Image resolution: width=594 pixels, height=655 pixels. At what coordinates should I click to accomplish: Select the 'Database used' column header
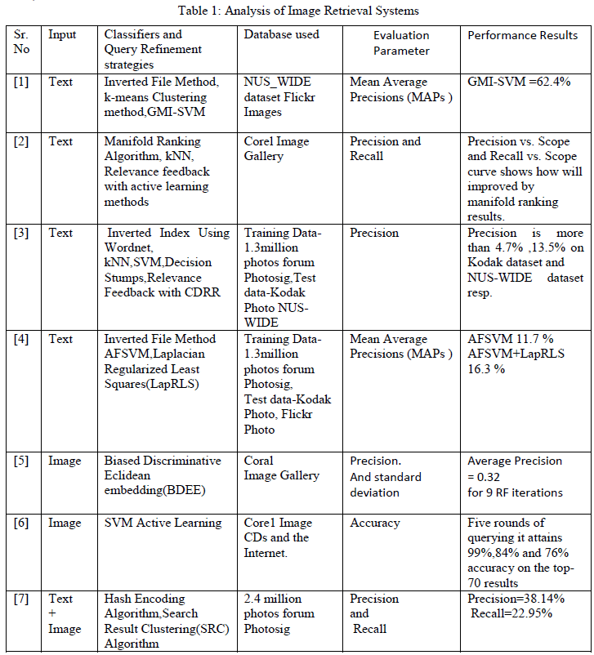pos(281,34)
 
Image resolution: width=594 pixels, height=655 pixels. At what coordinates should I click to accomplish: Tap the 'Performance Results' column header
pos(522,35)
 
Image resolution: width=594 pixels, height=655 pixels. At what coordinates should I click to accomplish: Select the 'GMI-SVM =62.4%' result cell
pos(519,82)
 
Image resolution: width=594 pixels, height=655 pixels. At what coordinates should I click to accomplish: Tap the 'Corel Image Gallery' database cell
pos(276,149)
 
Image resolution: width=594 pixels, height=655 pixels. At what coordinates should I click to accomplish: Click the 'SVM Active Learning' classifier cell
pos(163,523)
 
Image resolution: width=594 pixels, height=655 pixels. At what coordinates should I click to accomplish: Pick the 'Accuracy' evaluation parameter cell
pos(375,523)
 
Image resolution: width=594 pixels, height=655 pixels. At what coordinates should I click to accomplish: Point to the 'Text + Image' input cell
pos(65,613)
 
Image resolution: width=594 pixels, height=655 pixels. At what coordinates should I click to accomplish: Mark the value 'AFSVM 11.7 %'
pos(511,339)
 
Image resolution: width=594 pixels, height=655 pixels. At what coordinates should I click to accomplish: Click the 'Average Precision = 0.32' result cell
pos(515,469)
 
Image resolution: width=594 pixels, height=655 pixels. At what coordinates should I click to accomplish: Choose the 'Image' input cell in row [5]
pos(65,461)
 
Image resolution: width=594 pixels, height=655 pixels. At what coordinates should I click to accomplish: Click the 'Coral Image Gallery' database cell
pos(281,468)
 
